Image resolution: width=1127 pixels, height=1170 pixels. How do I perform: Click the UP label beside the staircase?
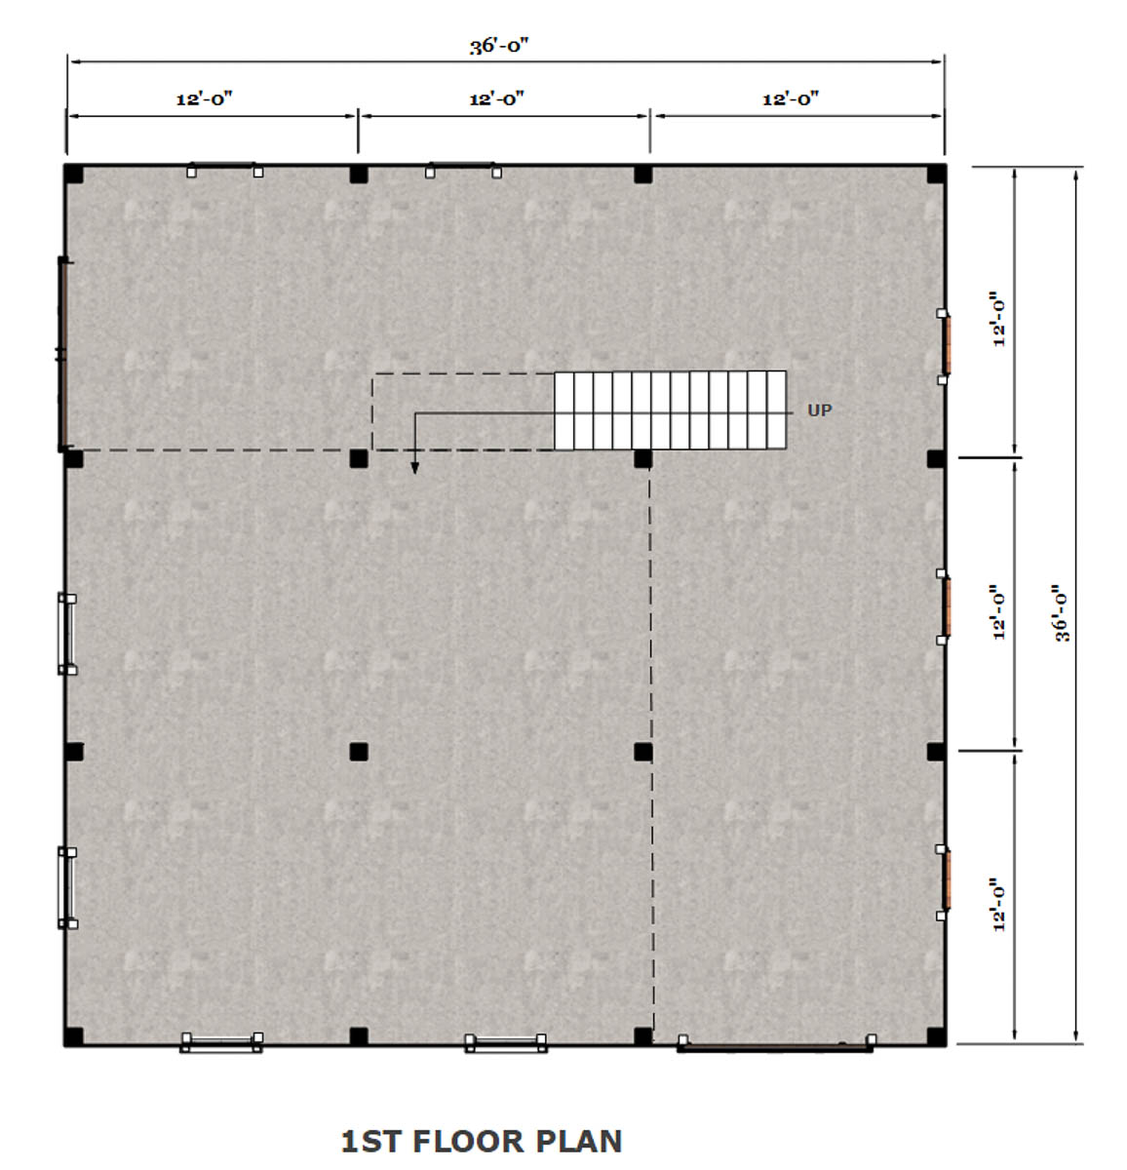click(x=819, y=410)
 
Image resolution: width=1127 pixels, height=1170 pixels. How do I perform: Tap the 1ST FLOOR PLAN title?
click(x=482, y=1141)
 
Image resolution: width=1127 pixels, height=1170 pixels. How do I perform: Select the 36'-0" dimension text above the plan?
click(x=499, y=46)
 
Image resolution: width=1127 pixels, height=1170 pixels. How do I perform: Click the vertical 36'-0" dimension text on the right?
click(x=1063, y=612)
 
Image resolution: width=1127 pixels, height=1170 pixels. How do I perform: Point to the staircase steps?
click(x=670, y=410)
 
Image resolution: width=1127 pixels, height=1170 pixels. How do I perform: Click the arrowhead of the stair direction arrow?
click(x=414, y=468)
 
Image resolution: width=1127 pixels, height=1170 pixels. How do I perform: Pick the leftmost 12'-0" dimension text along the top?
click(x=205, y=98)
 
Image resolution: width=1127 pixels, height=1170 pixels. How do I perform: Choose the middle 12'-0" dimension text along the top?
click(x=496, y=98)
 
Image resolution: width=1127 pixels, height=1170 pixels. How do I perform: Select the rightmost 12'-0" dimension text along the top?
click(x=791, y=98)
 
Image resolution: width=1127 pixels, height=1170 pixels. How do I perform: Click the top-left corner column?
click(x=73, y=174)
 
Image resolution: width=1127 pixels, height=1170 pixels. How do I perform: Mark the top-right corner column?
click(x=937, y=175)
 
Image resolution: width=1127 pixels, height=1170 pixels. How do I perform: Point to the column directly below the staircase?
click(x=642, y=459)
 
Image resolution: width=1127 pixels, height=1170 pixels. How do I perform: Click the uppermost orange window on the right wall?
click(x=946, y=346)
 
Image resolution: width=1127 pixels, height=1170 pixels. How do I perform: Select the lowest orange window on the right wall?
click(x=946, y=879)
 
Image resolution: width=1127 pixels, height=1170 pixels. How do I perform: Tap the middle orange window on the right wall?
click(x=946, y=606)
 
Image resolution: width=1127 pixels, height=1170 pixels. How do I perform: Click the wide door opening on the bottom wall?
click(x=775, y=1048)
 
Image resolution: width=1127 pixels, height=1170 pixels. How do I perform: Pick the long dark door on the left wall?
click(x=62, y=355)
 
